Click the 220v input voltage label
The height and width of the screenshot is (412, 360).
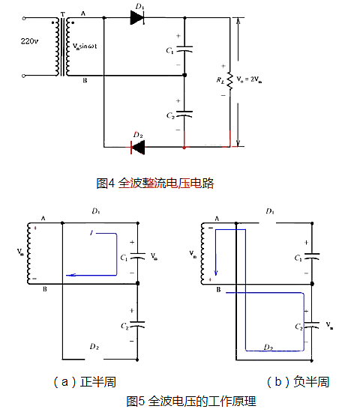(x=28, y=43)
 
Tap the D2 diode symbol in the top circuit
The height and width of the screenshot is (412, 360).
(x=138, y=147)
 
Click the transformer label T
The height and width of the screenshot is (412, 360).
(x=62, y=14)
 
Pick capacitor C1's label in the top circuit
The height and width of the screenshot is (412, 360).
(x=169, y=50)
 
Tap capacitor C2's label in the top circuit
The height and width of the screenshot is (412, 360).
(x=169, y=115)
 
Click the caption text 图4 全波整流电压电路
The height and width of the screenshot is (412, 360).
(x=155, y=182)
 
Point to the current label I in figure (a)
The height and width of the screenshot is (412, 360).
(x=91, y=234)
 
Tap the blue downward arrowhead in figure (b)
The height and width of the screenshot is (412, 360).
(x=216, y=274)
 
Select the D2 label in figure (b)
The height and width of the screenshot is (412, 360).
(x=268, y=346)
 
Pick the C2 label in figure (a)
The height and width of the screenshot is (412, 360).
(x=124, y=325)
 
